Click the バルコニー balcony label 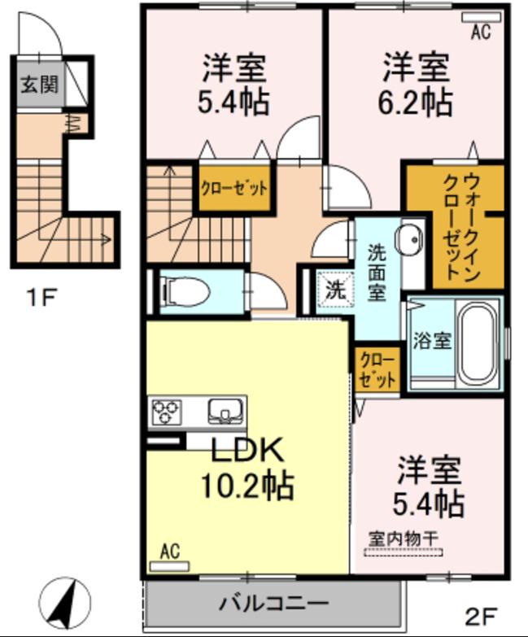click(x=273, y=604)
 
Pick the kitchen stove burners click(x=166, y=412)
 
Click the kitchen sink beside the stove click(x=223, y=411)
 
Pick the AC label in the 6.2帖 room click(x=481, y=31)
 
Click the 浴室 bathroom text click(x=431, y=340)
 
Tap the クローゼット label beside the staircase click(x=234, y=189)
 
